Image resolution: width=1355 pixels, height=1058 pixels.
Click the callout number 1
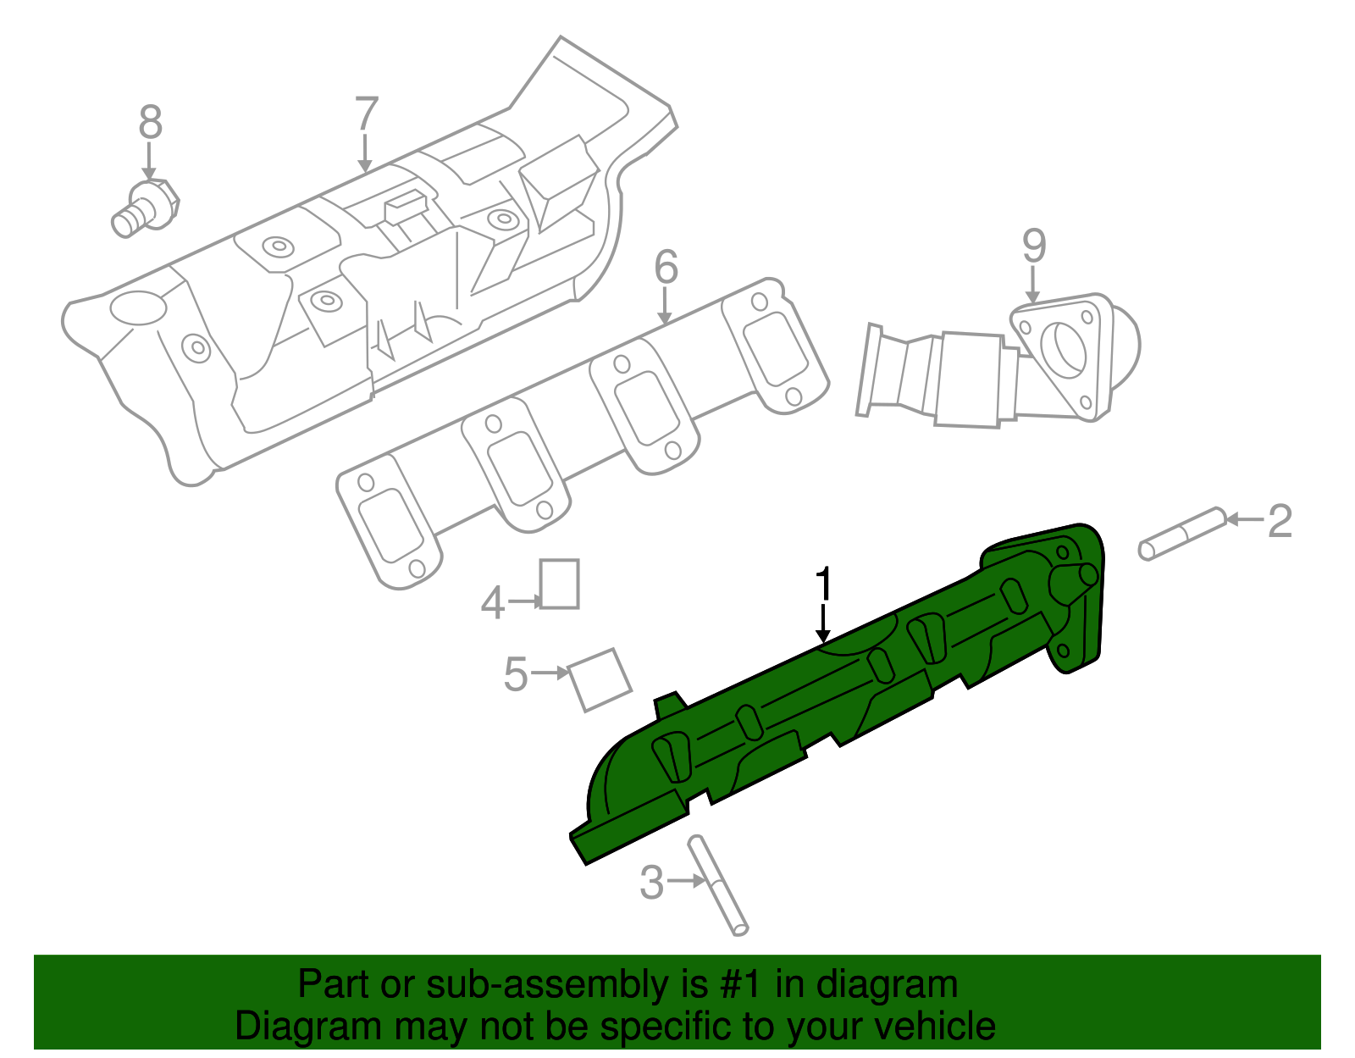pyautogui.click(x=823, y=585)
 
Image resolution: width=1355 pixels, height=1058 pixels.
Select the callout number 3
pyautogui.click(x=651, y=883)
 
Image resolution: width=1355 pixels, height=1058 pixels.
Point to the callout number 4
pyautogui.click(x=492, y=604)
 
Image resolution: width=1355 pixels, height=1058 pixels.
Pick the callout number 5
pyautogui.click(x=515, y=674)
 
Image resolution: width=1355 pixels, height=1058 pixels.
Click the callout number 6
pyautogui.click(x=666, y=267)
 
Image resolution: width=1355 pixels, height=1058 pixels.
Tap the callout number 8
pyautogui.click(x=150, y=123)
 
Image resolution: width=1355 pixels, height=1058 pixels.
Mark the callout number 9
pyautogui.click(x=1033, y=246)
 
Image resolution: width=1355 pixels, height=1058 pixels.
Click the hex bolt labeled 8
pyautogui.click(x=146, y=208)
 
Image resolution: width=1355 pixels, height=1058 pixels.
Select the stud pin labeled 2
pyautogui.click(x=1182, y=534)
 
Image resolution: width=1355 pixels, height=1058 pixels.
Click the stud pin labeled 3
pyautogui.click(x=718, y=885)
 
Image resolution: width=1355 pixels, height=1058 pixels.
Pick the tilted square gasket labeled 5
pyautogui.click(x=600, y=679)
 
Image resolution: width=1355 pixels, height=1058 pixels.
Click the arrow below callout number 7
pyautogui.click(x=365, y=154)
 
